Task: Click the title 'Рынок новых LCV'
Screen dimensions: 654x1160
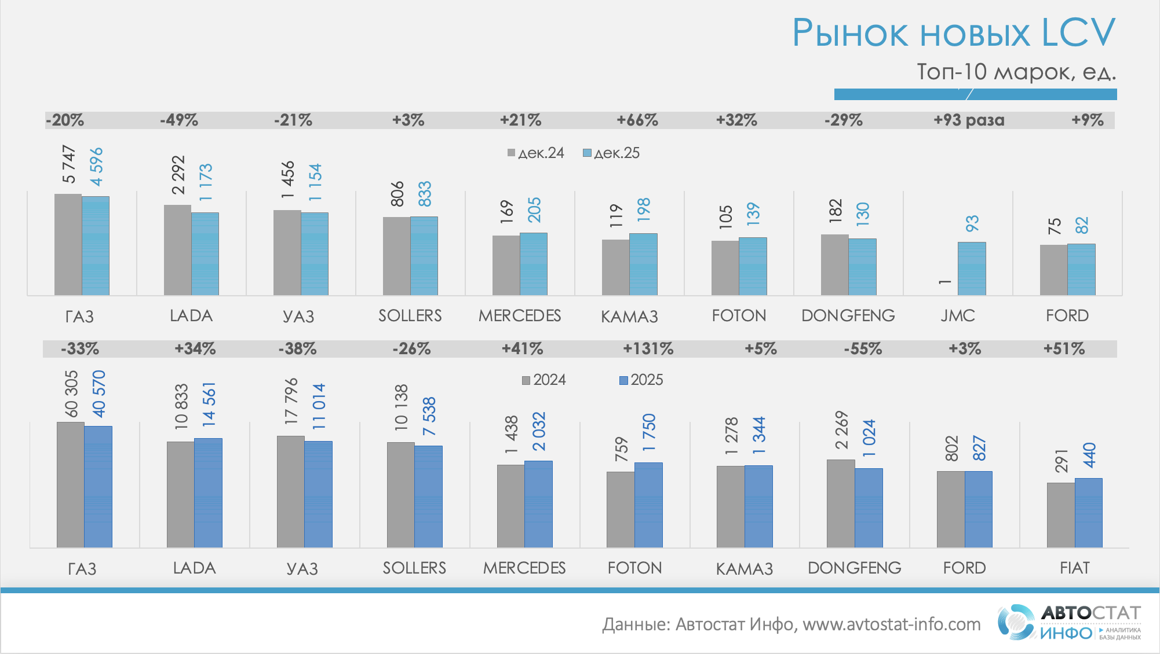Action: pyautogui.click(x=953, y=32)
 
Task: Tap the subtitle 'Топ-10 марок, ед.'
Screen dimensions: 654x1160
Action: pyautogui.click(x=1016, y=72)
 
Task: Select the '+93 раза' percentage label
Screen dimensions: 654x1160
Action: pyautogui.click(x=969, y=120)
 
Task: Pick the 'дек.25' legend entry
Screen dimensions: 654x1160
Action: pyautogui.click(x=611, y=153)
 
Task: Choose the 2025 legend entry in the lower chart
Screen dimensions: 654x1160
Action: pyautogui.click(x=641, y=380)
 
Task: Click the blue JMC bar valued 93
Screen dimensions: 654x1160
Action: pyautogui.click(x=972, y=269)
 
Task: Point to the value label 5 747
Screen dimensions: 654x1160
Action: pyautogui.click(x=69, y=164)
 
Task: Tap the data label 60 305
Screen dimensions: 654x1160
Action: pyautogui.click(x=71, y=394)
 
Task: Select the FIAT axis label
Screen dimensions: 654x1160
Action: pyautogui.click(x=1074, y=568)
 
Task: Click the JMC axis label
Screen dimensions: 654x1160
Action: pyautogui.click(x=958, y=315)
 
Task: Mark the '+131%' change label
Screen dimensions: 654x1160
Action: pyautogui.click(x=648, y=349)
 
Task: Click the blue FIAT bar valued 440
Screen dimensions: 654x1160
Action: pyautogui.click(x=1088, y=512)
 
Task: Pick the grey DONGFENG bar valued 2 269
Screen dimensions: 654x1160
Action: pyautogui.click(x=841, y=504)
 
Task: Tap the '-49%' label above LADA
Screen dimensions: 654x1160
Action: pyautogui.click(x=179, y=120)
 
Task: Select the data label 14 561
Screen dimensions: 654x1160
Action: pyautogui.click(x=209, y=405)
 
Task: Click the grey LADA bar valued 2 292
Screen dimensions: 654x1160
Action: pyautogui.click(x=177, y=250)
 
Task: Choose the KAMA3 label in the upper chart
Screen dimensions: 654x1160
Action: pyautogui.click(x=629, y=316)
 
